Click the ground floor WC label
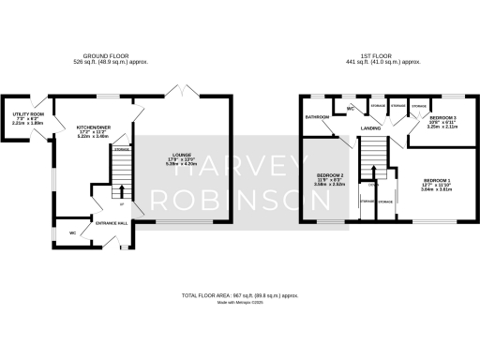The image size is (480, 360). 72,232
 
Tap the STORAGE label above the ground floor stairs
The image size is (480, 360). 121,150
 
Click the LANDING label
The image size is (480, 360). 370,128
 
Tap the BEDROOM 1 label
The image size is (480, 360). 437,180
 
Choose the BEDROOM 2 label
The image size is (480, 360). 329,176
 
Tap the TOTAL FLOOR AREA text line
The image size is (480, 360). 240,295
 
